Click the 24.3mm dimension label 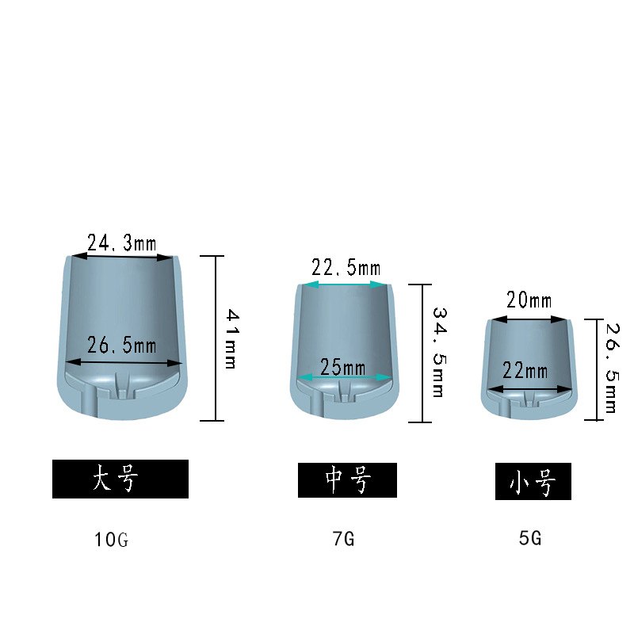pos(122,243)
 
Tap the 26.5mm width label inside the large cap pos(122,346)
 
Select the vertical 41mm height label pos(231,339)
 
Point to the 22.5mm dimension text pos(346,268)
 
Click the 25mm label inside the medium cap pos(343,367)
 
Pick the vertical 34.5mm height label pos(439,352)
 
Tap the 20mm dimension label pos(529,300)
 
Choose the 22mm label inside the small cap pos(525,370)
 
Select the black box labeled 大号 pos(120,479)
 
